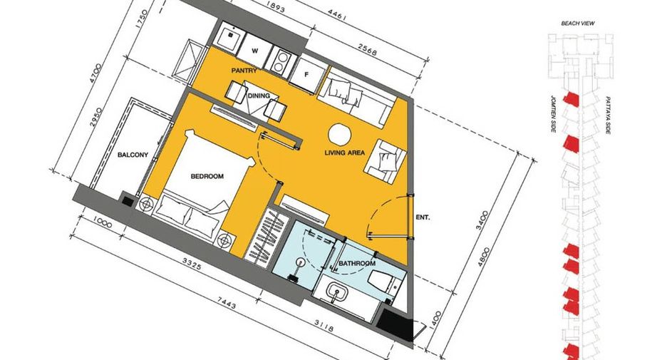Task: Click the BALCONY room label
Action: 133,155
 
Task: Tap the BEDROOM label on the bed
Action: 207,176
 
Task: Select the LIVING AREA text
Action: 345,153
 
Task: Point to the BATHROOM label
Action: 357,264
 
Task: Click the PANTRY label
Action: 244,70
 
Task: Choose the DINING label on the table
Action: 259,96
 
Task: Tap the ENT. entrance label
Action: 423,217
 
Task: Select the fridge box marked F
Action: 306,74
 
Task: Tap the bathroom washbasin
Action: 337,294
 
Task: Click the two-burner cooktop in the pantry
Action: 280,61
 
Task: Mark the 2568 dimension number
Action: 367,50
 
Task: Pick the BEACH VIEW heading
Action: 578,24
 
